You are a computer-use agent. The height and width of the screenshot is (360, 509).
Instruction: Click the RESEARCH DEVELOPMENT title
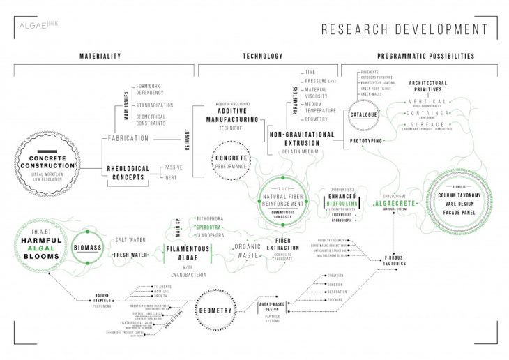(404, 29)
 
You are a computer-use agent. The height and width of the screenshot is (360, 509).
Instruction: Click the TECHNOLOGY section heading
(262, 56)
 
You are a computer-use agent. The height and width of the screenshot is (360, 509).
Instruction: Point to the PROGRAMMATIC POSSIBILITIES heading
(426, 56)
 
